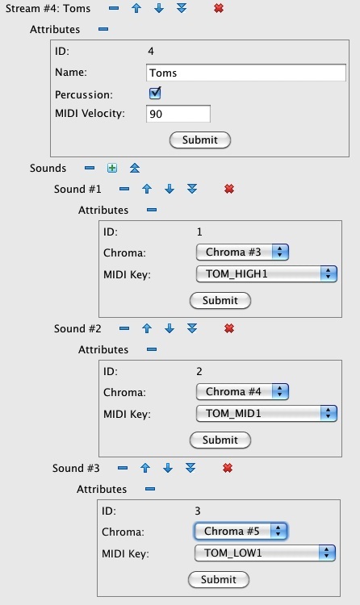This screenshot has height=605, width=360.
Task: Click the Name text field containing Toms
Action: [x=245, y=73]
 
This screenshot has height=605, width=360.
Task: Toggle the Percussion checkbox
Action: [x=155, y=94]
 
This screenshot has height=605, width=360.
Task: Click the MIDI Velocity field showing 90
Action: [x=178, y=114]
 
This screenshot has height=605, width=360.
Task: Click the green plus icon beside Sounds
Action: [x=112, y=168]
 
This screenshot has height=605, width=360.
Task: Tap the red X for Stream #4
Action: [x=219, y=8]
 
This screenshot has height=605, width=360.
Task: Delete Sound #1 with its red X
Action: [x=229, y=189]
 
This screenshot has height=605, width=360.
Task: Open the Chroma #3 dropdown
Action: [x=242, y=252]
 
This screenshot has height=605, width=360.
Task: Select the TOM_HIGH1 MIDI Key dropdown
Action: [x=266, y=274]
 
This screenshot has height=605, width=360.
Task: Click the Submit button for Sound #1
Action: [x=220, y=300]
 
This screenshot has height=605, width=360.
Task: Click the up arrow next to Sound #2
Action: [x=146, y=328]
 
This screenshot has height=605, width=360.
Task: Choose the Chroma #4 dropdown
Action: [x=242, y=391]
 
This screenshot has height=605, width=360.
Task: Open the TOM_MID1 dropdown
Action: [x=266, y=414]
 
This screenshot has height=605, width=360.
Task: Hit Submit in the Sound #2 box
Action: [x=220, y=440]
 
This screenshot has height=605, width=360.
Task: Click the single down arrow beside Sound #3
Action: [x=168, y=468]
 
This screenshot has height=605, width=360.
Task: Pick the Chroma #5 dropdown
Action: [x=241, y=532]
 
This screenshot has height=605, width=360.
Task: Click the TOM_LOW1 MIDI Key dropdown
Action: [x=265, y=553]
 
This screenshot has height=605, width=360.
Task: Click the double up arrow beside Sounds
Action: [x=135, y=168]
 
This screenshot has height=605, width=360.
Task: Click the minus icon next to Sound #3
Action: [x=123, y=468]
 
